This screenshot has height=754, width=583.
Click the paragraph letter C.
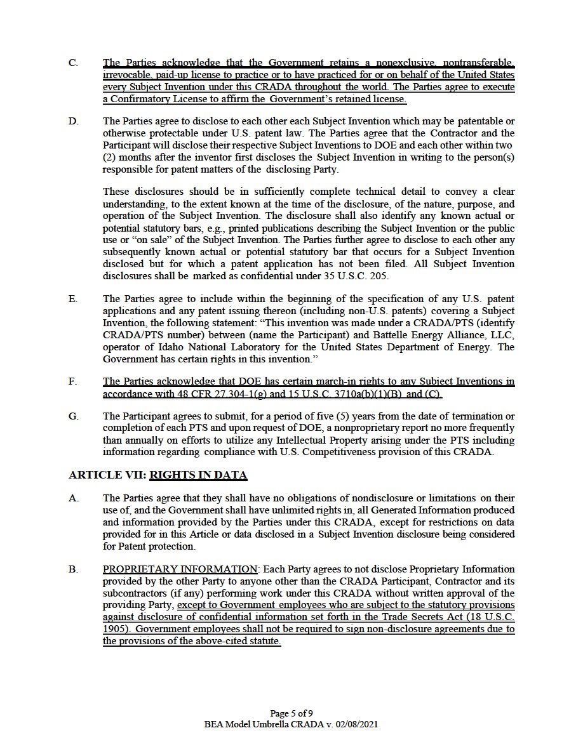pyautogui.click(x=73, y=63)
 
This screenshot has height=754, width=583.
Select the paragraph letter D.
pyautogui.click(x=73, y=121)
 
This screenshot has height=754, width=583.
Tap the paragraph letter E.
pyautogui.click(x=73, y=299)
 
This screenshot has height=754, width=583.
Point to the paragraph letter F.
pyautogui.click(x=73, y=381)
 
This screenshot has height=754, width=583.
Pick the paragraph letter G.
pyautogui.click(x=73, y=416)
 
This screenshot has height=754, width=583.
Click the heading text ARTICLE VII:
pyautogui.click(x=107, y=475)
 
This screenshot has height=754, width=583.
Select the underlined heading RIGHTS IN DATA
pyautogui.click(x=198, y=475)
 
